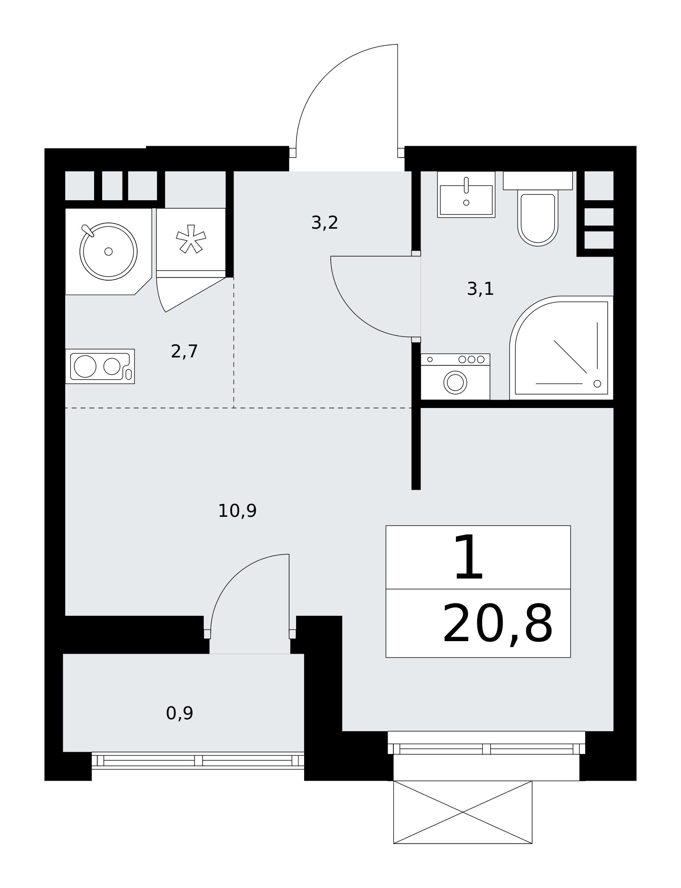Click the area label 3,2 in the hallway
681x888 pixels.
click(x=325, y=223)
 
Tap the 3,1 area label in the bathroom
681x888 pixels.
click(x=480, y=289)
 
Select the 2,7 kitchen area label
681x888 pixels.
click(x=184, y=352)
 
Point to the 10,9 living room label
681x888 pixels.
click(x=237, y=511)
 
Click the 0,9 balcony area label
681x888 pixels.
click(x=179, y=714)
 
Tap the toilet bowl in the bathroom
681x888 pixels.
click(x=538, y=218)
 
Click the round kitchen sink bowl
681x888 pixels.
click(x=108, y=251)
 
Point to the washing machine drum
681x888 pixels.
click(x=455, y=382)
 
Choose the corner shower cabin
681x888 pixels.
click(x=562, y=348)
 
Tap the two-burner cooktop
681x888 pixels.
click(x=100, y=366)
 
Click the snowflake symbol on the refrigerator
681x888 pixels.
click(x=191, y=239)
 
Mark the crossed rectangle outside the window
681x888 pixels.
click(x=463, y=812)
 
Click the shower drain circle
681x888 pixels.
click(x=597, y=384)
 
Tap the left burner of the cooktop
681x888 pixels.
click(x=85, y=366)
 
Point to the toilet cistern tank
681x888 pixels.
click(x=538, y=181)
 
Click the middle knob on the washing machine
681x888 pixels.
click(x=471, y=359)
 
